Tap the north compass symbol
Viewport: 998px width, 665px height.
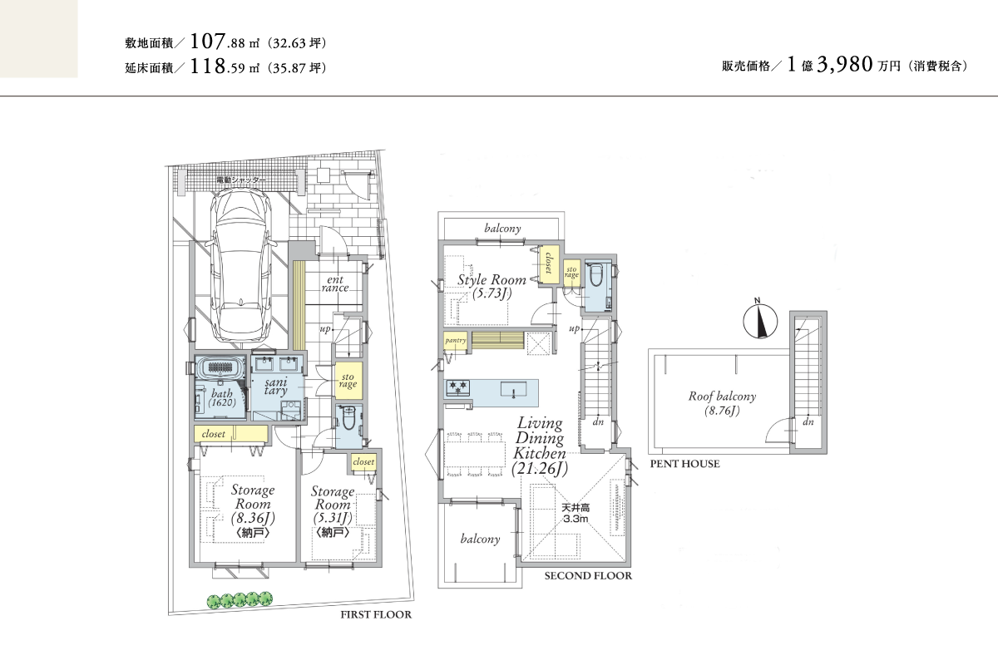point(760,319)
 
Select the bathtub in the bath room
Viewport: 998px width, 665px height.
point(221,368)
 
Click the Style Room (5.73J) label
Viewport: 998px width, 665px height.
point(492,286)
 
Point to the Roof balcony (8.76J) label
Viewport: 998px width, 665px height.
point(722,402)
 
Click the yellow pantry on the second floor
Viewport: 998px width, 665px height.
point(456,340)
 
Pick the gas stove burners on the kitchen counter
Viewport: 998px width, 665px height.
point(458,387)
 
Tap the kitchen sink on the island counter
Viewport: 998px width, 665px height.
point(513,389)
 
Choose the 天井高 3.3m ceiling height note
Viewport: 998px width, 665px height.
point(576,513)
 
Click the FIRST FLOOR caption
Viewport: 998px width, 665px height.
point(376,614)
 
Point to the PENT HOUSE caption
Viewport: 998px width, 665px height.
point(684,464)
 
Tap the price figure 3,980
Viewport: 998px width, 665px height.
point(844,65)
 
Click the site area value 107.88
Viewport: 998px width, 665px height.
point(217,42)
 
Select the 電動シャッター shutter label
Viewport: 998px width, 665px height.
point(241,180)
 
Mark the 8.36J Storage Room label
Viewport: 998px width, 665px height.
point(253,510)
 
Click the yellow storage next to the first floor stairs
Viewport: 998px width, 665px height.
point(348,380)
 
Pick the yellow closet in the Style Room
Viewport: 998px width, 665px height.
point(549,263)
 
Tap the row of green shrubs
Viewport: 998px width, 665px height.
point(240,599)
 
